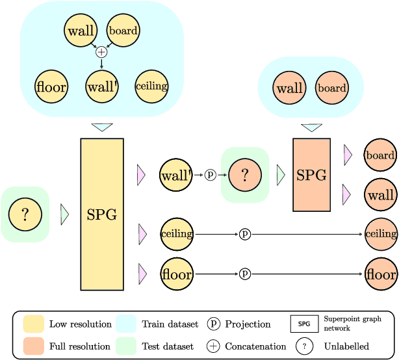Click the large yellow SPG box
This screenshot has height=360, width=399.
click(x=102, y=214)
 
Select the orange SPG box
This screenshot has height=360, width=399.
click(x=311, y=175)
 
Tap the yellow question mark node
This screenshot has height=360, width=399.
click(x=25, y=214)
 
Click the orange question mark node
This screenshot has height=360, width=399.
click(x=245, y=175)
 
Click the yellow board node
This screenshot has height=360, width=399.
click(x=123, y=30)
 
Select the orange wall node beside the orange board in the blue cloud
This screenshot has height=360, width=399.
click(x=290, y=88)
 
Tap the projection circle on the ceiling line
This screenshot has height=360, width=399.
click(x=245, y=234)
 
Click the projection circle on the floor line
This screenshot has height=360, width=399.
click(x=245, y=274)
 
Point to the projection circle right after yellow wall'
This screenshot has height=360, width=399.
click(x=210, y=175)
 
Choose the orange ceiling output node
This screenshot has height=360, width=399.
click(x=381, y=234)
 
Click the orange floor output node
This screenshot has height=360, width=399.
click(x=381, y=274)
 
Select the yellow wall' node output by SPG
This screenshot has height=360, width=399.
click(x=176, y=175)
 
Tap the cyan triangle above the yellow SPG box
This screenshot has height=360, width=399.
click(x=102, y=127)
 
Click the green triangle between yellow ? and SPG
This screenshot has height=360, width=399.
click(x=64, y=214)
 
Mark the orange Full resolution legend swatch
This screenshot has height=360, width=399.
click(x=34, y=346)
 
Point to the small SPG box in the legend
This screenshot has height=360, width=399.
click(x=304, y=324)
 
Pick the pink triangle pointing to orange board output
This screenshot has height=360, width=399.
click(x=348, y=155)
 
